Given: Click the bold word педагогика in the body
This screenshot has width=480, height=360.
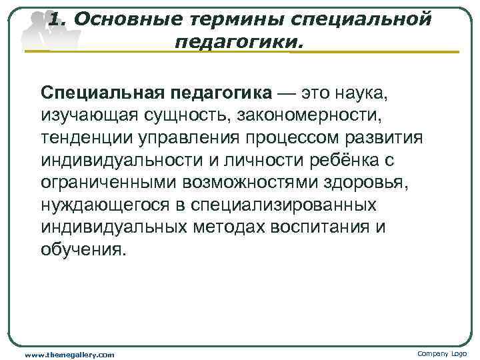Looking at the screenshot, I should [227, 91].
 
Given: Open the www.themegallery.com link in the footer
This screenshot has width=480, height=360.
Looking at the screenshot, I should [69, 354].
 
